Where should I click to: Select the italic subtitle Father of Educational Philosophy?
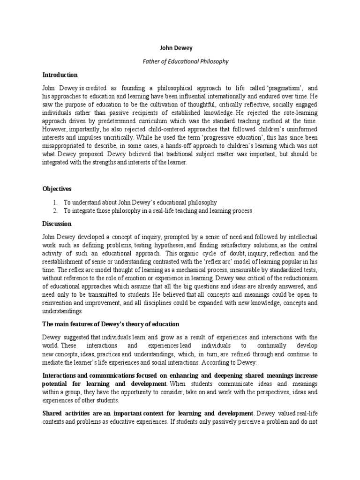(x=179, y=61)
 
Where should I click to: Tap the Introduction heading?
(x=60, y=75)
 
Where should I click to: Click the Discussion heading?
(x=57, y=224)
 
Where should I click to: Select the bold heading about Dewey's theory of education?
(x=111, y=324)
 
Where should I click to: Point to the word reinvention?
(x=61, y=303)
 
